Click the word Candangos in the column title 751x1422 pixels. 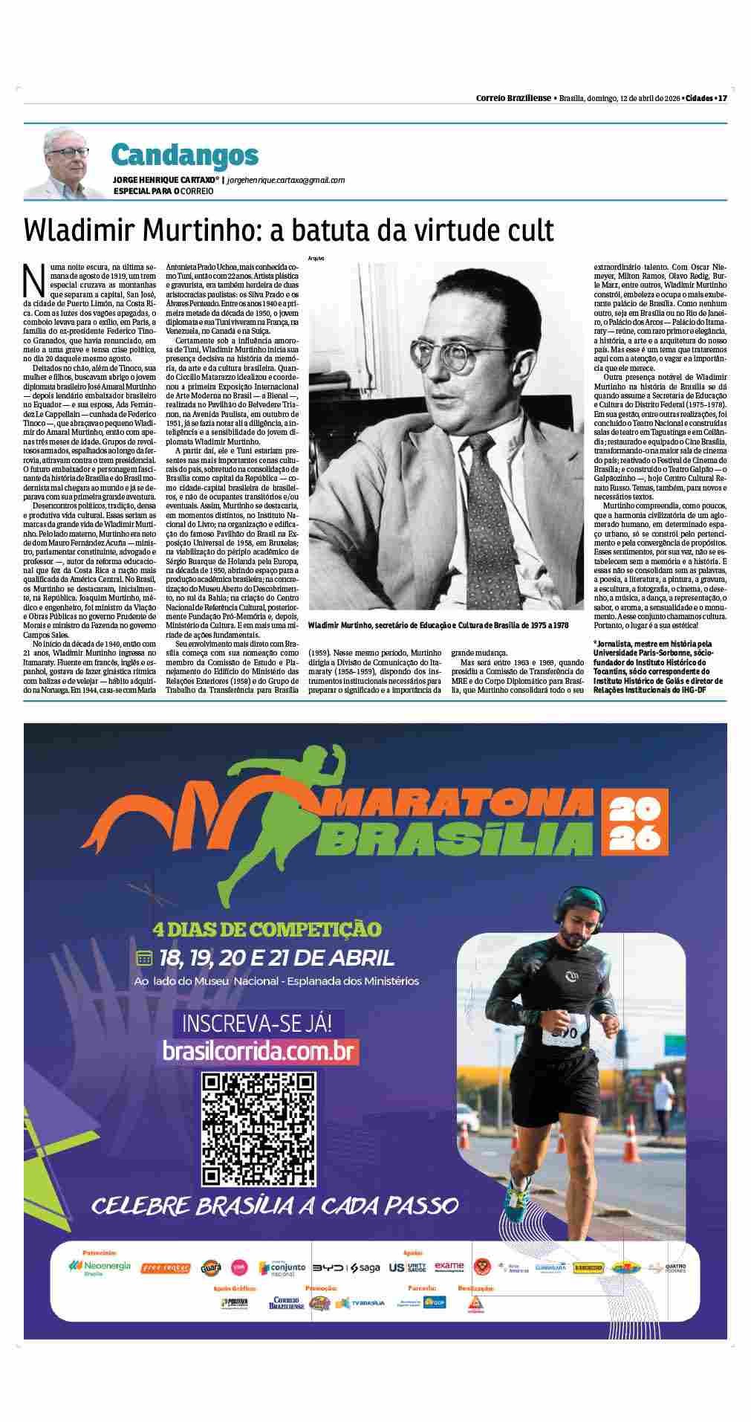pos(185,155)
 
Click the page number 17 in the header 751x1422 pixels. pos(721,98)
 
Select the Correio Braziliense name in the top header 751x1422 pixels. pos(513,98)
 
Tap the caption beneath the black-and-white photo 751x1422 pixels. pos(438,625)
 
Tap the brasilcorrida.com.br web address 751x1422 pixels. pos(261,1050)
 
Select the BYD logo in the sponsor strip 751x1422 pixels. pos(327,1267)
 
